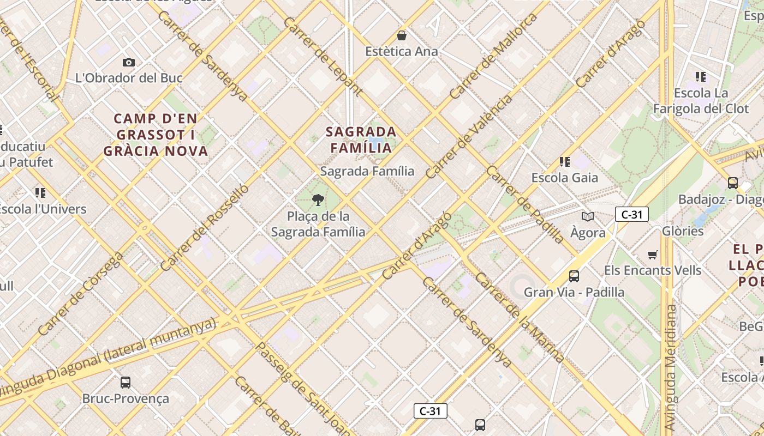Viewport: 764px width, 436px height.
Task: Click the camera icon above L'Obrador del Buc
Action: coord(129,63)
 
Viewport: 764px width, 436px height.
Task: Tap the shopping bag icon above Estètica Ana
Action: coord(402,36)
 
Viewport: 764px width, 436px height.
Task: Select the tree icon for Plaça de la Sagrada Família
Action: coord(318,200)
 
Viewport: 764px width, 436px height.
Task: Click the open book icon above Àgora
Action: coord(588,217)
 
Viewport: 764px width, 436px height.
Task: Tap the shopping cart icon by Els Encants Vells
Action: coord(652,255)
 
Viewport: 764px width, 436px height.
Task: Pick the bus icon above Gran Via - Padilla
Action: coord(574,276)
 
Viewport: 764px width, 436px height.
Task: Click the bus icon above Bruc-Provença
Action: coord(126,383)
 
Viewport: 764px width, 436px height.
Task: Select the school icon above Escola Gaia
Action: coord(564,162)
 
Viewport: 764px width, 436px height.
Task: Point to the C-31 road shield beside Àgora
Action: coord(632,215)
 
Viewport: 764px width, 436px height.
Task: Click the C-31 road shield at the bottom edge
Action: coord(431,411)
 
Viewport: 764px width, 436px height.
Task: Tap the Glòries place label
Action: coord(683,231)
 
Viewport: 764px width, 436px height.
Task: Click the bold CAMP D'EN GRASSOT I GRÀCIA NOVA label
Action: coord(156,135)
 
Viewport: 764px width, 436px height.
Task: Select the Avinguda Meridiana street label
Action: coord(671,367)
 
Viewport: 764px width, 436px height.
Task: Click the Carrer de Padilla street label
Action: coord(524,204)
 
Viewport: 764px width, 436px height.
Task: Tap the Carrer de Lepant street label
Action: coord(323,56)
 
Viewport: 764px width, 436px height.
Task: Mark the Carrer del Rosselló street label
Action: coord(205,228)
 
